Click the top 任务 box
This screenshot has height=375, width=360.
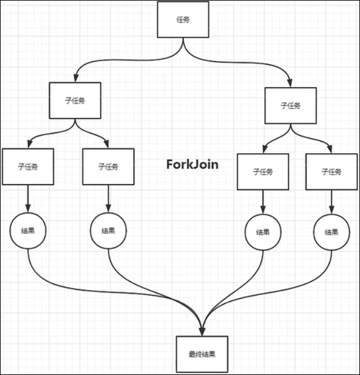coord(183,19)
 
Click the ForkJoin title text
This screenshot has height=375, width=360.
coord(192,164)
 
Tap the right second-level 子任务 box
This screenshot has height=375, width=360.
coord(290,105)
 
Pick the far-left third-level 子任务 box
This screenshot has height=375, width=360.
coord(28,166)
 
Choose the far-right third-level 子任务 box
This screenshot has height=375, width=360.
coord(331,171)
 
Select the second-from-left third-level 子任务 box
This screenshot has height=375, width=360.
coord(108,166)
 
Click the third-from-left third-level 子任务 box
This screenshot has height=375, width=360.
coord(263,171)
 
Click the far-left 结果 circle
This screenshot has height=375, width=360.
coord(28,231)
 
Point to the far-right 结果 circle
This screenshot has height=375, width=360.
coord(331,232)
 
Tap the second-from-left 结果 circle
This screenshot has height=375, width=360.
coord(108,231)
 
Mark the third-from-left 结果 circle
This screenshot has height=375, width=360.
coord(263,232)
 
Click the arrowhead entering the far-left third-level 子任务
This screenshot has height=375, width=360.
coord(28,144)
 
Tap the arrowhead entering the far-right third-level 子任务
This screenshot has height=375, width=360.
coord(331,149)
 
